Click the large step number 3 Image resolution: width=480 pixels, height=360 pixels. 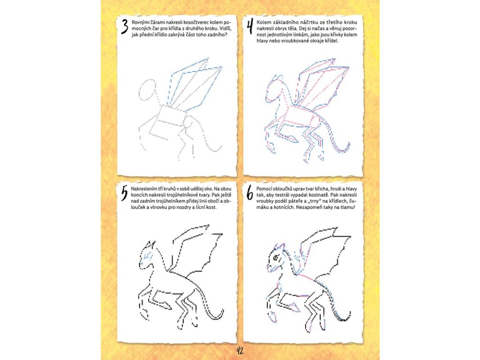124,26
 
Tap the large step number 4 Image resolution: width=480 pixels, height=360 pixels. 250,26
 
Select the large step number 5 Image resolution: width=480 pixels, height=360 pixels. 124,194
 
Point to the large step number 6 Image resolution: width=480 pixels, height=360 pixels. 250,194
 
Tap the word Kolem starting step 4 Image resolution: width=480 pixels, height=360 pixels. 263,22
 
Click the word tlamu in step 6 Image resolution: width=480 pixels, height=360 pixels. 348,207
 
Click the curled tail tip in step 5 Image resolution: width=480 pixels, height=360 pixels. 221,313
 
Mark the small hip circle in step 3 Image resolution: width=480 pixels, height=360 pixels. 187,123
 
